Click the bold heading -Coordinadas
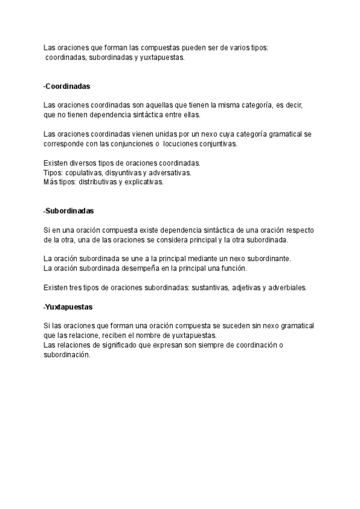[67, 86]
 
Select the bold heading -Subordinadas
[69, 211]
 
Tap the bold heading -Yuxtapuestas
[68, 307]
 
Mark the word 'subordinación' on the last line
[67, 355]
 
